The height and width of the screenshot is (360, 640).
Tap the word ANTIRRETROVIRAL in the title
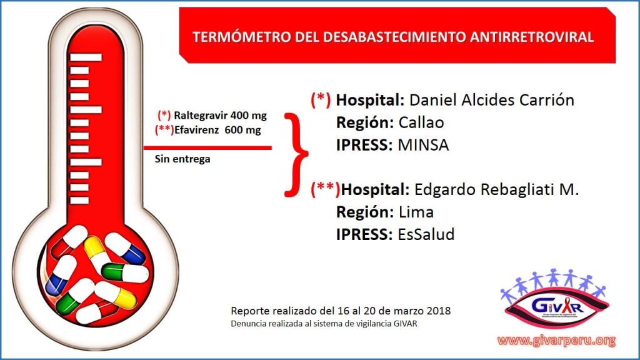click(531, 37)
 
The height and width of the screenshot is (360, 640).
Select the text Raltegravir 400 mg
click(220, 116)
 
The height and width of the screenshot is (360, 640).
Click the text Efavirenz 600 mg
click(217, 130)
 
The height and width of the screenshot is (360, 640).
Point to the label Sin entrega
click(182, 159)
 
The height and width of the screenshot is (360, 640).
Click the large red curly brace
click(296, 155)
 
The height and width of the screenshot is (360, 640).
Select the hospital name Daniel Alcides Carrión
click(491, 99)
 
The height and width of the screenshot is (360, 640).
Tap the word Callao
click(421, 122)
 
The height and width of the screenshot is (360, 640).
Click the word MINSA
click(423, 145)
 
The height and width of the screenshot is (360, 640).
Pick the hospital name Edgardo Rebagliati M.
click(496, 189)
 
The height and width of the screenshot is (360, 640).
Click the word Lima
click(416, 212)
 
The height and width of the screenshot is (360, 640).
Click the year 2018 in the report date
click(439, 311)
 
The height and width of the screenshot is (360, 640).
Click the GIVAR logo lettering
click(557, 305)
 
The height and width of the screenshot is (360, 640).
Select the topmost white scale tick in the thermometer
click(86, 57)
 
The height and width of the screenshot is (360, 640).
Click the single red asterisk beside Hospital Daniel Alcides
click(321, 99)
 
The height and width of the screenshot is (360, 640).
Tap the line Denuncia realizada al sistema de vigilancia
click(324, 324)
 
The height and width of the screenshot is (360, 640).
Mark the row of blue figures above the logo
click(554, 282)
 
